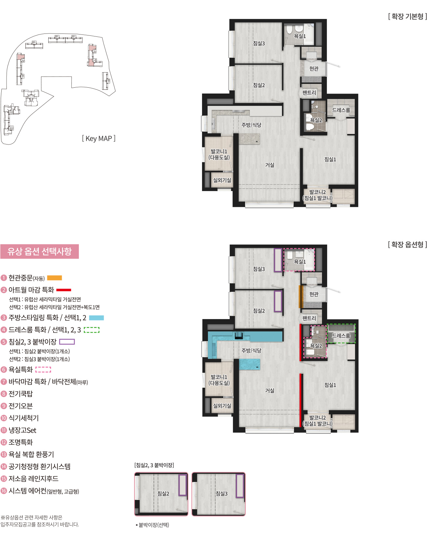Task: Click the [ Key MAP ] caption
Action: point(99,139)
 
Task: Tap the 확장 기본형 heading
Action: point(407,16)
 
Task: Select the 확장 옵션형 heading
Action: point(407,245)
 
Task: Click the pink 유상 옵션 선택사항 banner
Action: point(39,252)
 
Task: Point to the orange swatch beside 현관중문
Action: point(55,278)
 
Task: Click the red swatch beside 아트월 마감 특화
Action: point(64,290)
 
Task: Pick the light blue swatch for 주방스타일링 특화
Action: point(97,318)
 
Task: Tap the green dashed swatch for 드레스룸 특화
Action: point(92,330)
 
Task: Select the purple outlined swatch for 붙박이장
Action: point(67,342)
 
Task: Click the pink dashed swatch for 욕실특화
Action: point(43,370)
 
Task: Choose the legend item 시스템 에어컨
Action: point(43,491)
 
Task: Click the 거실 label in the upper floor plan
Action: point(270,165)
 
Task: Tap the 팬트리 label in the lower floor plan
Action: point(309,318)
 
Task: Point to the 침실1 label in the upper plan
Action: point(330,160)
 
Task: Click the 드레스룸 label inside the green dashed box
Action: point(341,336)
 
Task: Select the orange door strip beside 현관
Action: point(300,296)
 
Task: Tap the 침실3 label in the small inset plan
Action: point(222,493)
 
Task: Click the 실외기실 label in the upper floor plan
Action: point(222,180)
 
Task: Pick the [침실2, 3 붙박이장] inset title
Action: point(154,465)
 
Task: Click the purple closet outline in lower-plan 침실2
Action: point(278,301)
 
